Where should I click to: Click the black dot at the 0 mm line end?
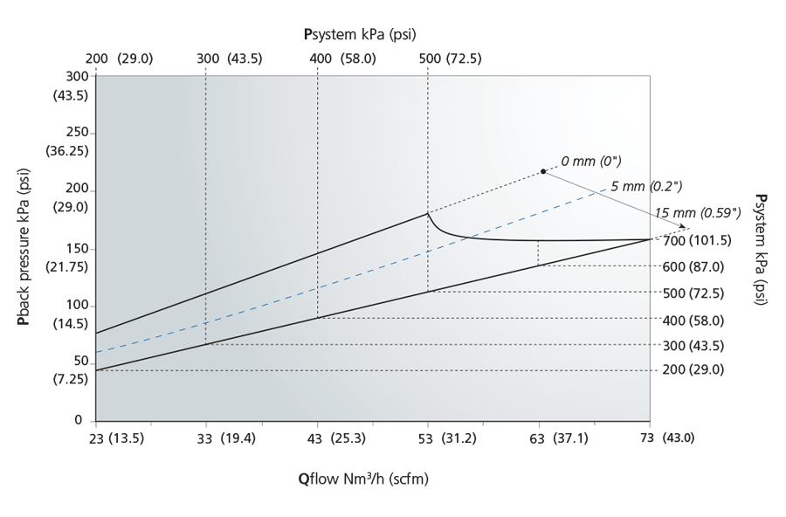tap(542, 171)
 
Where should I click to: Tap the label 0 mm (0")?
tap(590, 162)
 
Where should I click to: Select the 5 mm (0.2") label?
tap(646, 186)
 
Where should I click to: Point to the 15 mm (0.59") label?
tap(698, 212)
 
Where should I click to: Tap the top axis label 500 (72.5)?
tap(451, 59)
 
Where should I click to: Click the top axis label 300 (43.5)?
tap(230, 59)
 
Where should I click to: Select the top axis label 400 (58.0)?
tap(342, 59)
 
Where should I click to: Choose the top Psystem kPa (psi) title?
tap(359, 35)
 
